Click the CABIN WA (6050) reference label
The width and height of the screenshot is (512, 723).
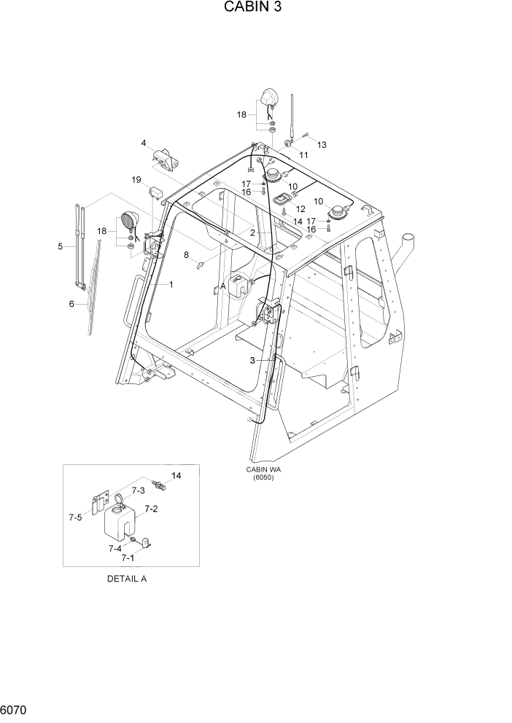point(263,474)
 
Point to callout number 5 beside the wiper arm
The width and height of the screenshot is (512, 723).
point(61,246)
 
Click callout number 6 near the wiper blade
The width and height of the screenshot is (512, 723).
point(71,303)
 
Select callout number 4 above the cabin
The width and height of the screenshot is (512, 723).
point(144,142)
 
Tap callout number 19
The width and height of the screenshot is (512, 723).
point(136,179)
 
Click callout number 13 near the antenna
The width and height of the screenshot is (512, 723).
point(322,145)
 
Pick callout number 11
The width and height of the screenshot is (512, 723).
point(303,155)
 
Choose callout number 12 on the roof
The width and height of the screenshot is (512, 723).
point(300,209)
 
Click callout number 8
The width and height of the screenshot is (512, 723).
point(186,254)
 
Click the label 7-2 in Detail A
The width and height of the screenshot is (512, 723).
point(152,509)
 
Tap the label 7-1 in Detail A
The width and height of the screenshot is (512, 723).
point(127,558)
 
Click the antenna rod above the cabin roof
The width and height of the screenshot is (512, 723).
point(292,117)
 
